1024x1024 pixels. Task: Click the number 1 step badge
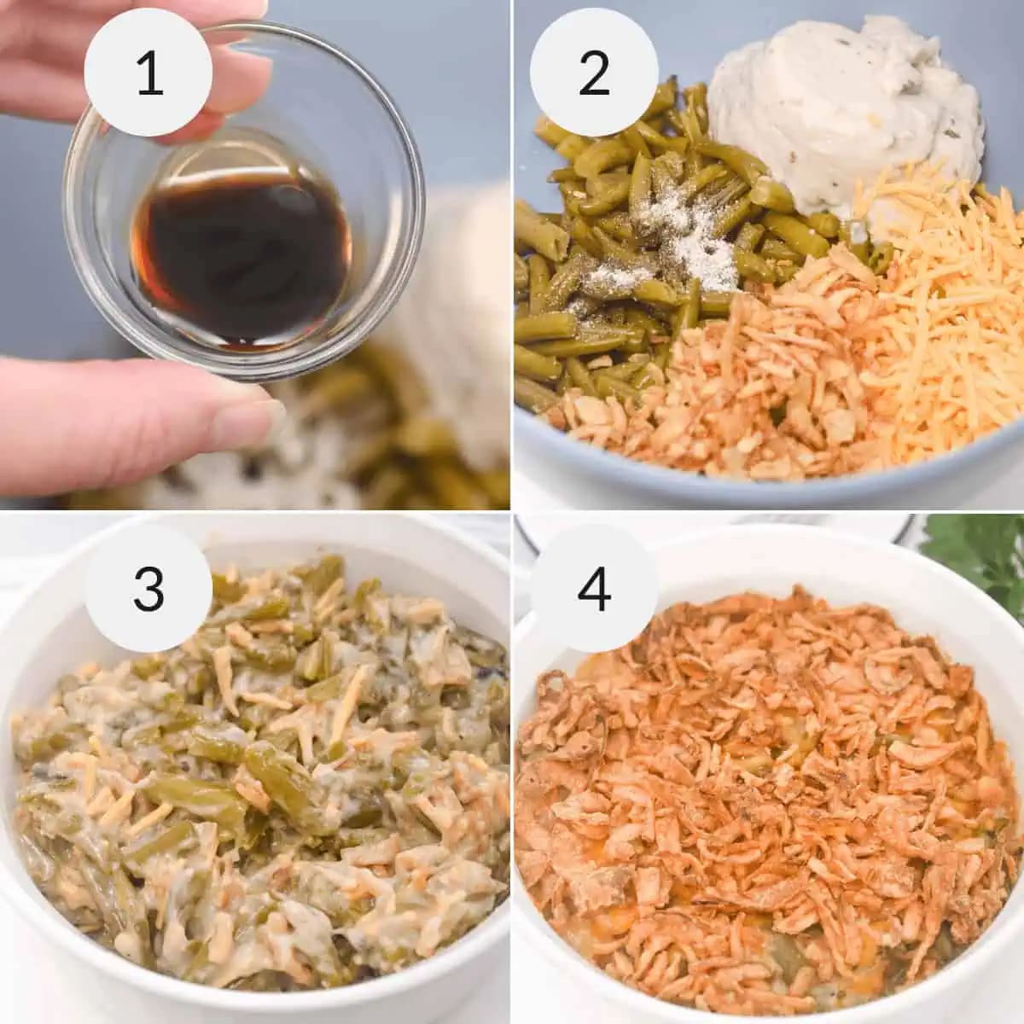150,73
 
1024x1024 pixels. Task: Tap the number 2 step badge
593,73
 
